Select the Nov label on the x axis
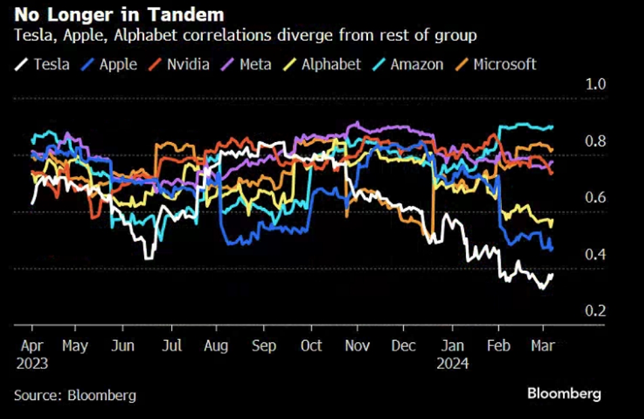[357, 346]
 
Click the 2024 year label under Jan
[453, 363]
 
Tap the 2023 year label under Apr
[32, 363]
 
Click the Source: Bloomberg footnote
[75, 395]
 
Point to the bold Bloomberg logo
[563, 393]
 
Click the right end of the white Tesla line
[553, 275]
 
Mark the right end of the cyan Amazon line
[553, 127]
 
